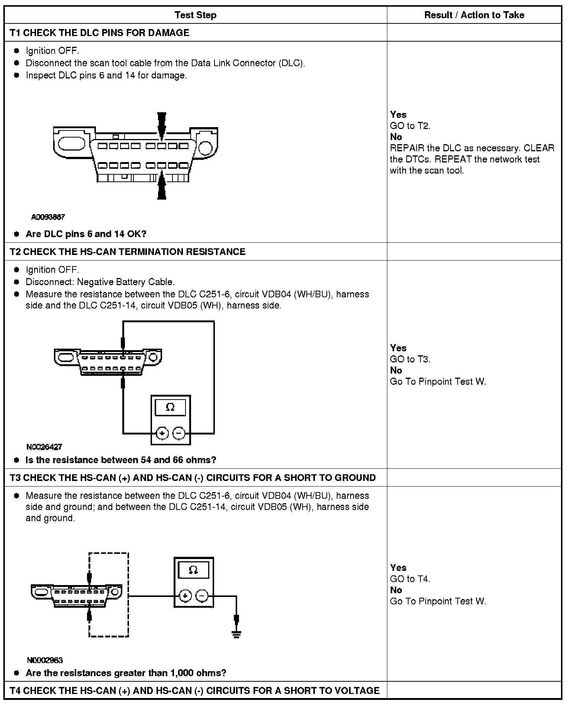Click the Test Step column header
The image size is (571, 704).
coord(195,15)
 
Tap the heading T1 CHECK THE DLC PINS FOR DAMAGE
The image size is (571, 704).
coord(99,33)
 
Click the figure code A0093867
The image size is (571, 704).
coord(48,217)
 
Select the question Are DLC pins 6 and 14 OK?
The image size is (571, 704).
coord(86,234)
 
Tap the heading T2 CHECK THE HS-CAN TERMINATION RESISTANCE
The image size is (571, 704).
coord(128,252)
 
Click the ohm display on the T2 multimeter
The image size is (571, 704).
coord(170,407)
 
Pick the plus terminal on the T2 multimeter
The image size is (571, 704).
coord(162,433)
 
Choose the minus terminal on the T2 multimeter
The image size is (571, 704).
coord(179,433)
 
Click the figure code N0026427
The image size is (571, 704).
coord(44,447)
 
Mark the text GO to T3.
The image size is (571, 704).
coord(410,359)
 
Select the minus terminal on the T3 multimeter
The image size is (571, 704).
coord(202,596)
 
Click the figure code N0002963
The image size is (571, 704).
coord(45,660)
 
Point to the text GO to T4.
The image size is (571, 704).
coord(410,579)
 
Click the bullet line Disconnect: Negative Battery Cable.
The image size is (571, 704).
coord(100,282)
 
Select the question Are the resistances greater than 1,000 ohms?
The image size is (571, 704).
coord(126,673)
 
